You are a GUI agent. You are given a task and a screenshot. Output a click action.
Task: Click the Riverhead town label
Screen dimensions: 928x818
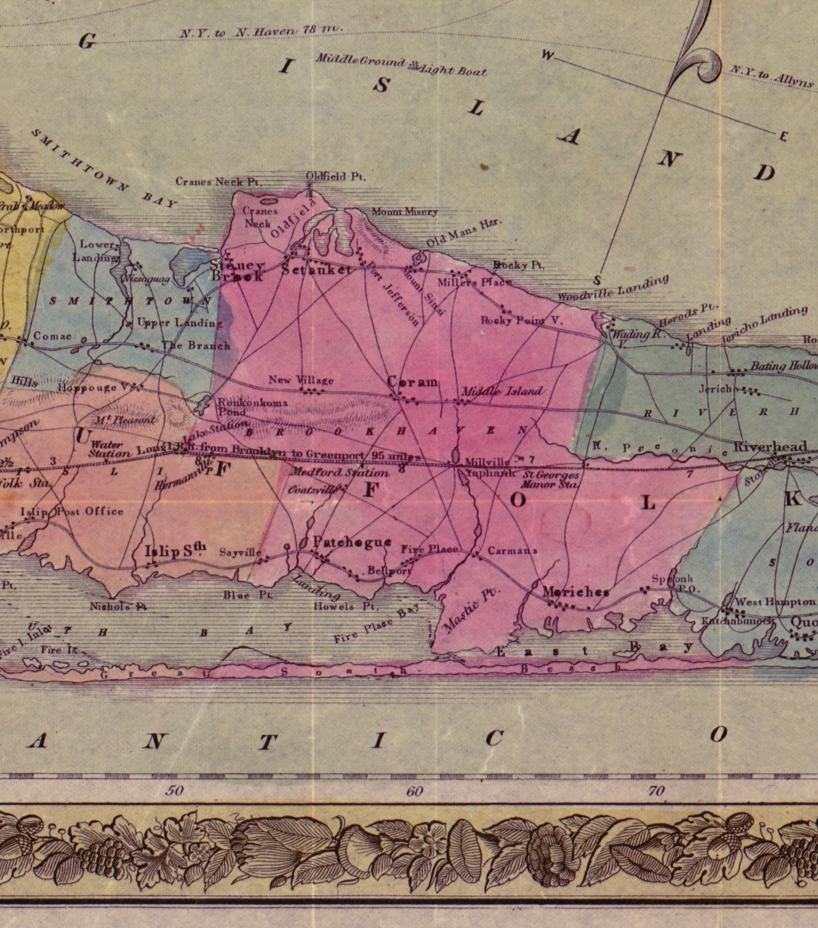tap(770, 446)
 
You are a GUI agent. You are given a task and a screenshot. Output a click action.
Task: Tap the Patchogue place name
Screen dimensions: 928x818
tap(352, 542)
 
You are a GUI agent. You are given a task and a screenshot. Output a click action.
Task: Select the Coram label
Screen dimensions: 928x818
tap(413, 382)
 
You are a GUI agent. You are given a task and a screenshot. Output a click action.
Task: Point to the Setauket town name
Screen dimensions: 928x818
tap(317, 269)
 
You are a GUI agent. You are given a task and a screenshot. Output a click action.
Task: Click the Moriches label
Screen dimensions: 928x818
tap(576, 592)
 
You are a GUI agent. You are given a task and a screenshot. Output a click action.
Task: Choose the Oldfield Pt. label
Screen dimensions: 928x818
tap(336, 177)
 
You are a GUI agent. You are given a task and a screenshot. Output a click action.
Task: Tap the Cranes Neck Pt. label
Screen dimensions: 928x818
tap(218, 181)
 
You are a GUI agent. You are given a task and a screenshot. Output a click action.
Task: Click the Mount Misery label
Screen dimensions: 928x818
tap(404, 211)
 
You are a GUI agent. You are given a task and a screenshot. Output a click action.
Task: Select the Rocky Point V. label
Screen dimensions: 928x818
tap(522, 320)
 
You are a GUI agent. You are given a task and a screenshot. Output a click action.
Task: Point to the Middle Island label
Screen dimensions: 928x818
tap(502, 391)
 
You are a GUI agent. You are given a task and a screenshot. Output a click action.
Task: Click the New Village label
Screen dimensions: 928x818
tap(301, 380)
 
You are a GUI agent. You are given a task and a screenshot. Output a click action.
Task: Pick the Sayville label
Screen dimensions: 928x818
tap(241, 552)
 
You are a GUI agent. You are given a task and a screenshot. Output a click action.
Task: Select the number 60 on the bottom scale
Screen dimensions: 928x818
tap(415, 791)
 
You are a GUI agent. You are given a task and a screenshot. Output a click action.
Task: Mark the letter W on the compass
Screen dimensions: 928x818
tap(549, 55)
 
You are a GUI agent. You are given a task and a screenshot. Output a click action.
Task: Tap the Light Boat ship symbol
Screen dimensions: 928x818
tap(413, 65)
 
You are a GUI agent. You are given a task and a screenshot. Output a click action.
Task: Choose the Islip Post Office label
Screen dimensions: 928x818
tap(72, 511)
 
